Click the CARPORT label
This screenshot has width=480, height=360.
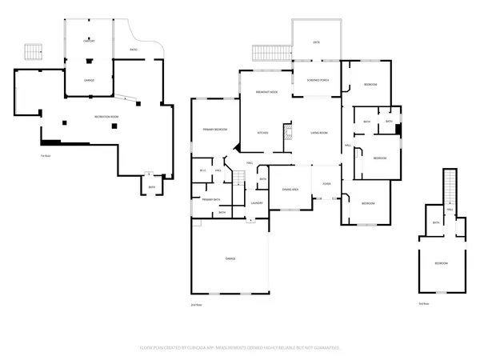tap(90, 40)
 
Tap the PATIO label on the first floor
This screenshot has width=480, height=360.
tap(133, 50)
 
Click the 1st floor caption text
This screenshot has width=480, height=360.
tap(46, 155)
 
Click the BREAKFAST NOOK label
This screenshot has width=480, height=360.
tap(266, 93)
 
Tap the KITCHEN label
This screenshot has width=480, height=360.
tap(262, 132)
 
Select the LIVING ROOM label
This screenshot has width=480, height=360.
tap(319, 132)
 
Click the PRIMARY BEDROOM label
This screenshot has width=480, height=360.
tap(214, 129)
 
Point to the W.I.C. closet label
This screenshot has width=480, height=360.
tap(203, 170)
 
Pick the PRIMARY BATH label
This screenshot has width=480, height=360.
tap(210, 198)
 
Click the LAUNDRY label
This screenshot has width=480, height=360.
tap(257, 202)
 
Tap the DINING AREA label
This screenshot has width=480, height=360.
tap(290, 189)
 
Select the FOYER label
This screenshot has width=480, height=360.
tap(326, 184)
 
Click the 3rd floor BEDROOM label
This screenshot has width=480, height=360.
tap(441, 263)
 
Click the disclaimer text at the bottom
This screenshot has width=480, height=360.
tap(240, 348)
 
